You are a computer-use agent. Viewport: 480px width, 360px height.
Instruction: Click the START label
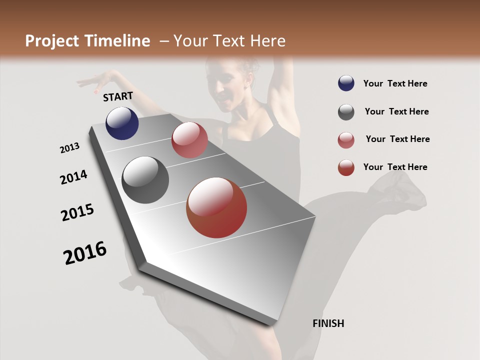[x=118, y=96]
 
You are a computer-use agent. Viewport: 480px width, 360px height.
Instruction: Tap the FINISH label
[x=328, y=323]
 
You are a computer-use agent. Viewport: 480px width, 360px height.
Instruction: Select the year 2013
[x=69, y=148]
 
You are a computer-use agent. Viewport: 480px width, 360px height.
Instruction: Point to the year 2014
[x=73, y=177]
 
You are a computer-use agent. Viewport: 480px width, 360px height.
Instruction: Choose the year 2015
[x=77, y=212]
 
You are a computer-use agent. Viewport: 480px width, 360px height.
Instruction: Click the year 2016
[x=85, y=253]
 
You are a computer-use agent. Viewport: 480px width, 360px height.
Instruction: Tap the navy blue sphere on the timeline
[x=122, y=123]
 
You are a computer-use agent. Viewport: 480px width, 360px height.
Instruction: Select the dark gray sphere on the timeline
[x=145, y=180]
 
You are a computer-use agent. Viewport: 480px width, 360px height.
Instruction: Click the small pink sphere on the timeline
[x=189, y=140]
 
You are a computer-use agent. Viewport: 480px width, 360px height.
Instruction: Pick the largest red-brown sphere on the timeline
[x=216, y=207]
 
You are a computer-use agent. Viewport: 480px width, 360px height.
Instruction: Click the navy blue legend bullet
[x=346, y=83]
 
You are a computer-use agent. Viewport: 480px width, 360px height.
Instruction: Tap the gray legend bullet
[x=346, y=112]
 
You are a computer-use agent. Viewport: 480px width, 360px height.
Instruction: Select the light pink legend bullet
[x=346, y=140]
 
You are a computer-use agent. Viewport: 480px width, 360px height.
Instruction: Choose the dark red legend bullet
[x=346, y=167]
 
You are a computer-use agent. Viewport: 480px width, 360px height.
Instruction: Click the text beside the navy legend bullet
[x=395, y=83]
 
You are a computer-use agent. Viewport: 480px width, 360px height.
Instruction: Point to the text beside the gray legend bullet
[x=396, y=111]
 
